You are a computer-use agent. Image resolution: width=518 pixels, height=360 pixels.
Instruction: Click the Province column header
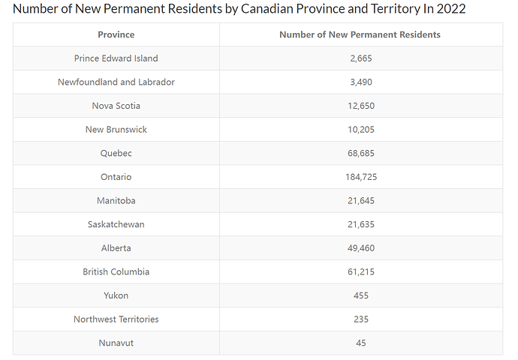(116, 34)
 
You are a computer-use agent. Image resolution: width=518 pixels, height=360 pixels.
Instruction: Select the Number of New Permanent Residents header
(360, 34)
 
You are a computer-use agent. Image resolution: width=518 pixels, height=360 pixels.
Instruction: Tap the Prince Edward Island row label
(116, 58)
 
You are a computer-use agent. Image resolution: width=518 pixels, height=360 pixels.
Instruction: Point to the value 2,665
(361, 58)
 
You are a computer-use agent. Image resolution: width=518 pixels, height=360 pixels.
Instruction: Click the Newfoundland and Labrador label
(116, 82)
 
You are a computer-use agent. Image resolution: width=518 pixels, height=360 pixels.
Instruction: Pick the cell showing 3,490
(361, 82)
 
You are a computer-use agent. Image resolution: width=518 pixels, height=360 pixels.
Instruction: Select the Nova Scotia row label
(116, 106)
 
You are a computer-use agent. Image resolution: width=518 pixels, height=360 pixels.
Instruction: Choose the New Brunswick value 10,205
(361, 130)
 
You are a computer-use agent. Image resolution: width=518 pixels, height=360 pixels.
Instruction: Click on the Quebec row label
(116, 153)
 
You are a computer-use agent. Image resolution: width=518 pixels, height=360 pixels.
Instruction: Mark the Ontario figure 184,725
(361, 177)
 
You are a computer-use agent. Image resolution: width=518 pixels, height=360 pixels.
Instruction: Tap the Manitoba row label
(116, 201)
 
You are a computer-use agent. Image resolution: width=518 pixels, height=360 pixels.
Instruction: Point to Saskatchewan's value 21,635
(361, 224)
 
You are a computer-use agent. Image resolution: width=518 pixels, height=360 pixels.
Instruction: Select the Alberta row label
(116, 248)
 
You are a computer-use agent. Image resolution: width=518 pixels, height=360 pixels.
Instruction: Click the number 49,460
(361, 248)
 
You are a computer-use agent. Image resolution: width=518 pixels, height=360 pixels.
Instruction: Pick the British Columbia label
(116, 271)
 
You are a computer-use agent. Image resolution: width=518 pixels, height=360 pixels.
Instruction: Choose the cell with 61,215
(361, 271)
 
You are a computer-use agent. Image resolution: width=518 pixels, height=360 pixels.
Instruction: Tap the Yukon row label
(116, 295)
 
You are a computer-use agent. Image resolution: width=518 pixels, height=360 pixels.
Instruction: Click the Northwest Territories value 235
(361, 319)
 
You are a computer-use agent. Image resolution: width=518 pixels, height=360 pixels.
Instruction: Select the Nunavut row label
(116, 343)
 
